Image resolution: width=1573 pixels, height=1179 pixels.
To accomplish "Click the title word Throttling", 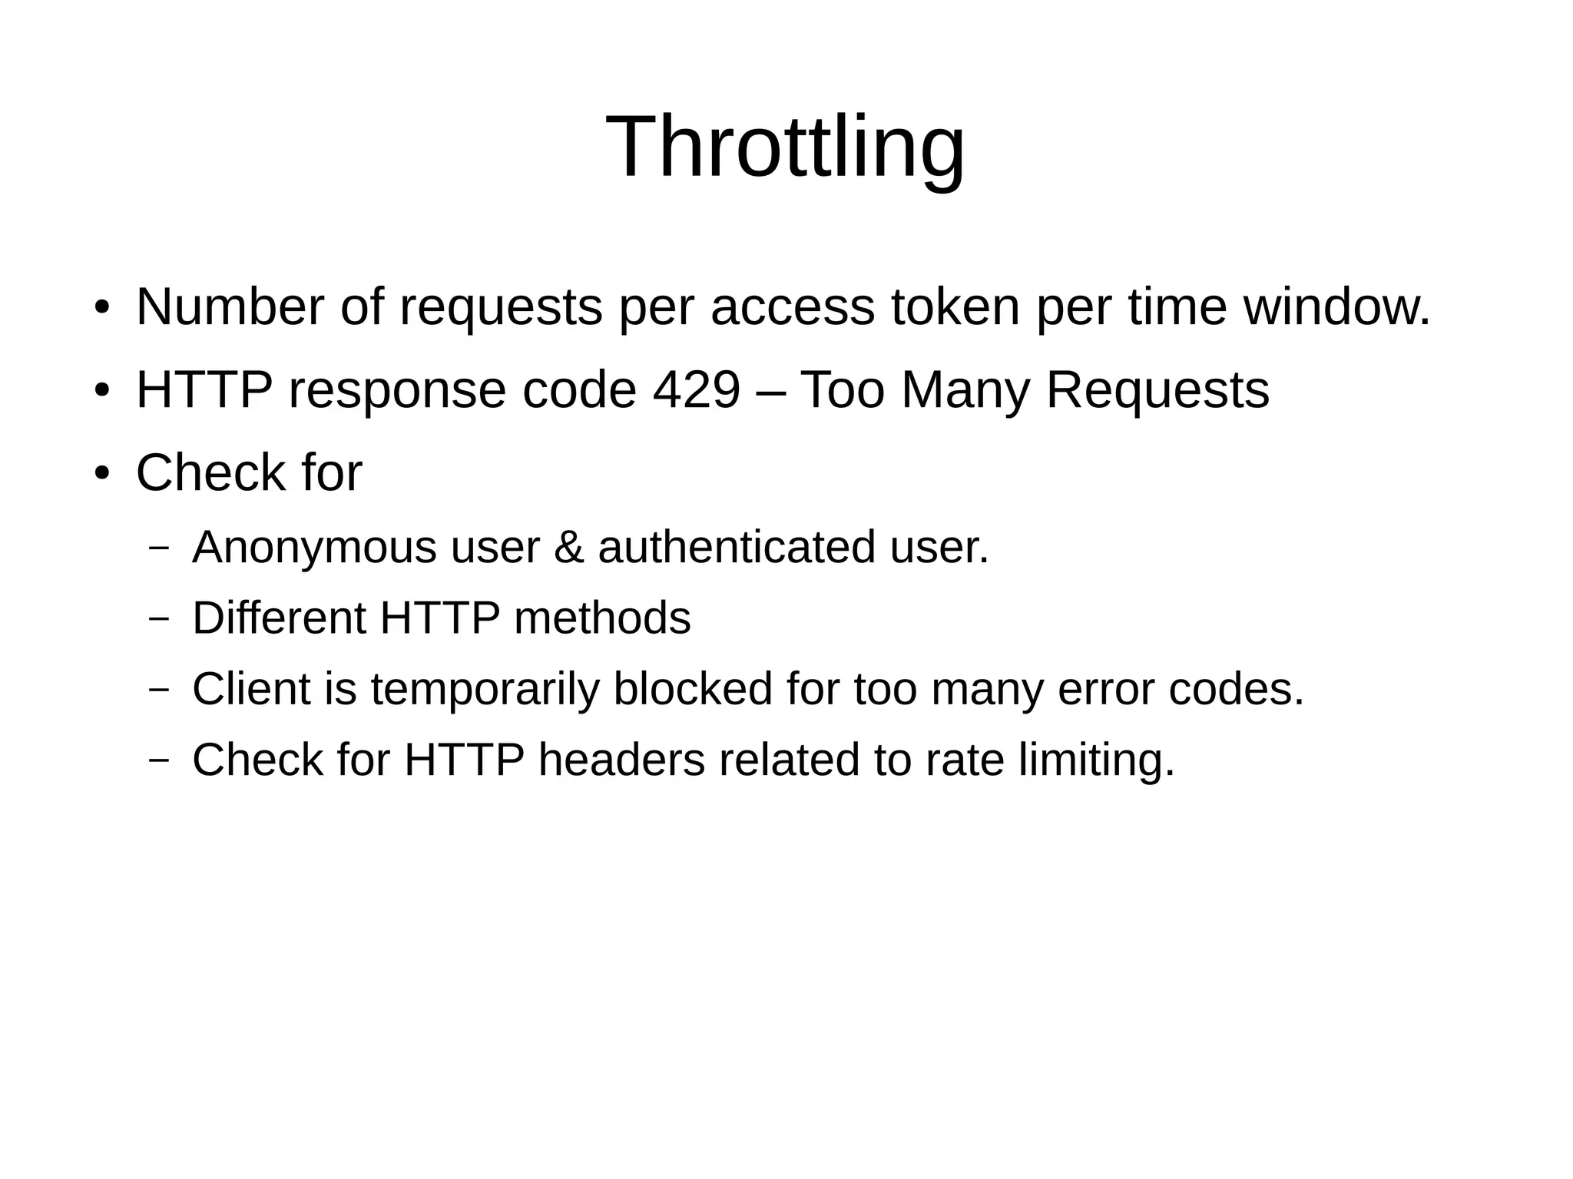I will point(785,147).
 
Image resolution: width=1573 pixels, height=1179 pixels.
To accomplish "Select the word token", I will point(955,307).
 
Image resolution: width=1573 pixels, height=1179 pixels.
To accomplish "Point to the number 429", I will point(696,390).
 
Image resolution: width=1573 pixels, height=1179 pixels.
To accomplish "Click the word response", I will point(397,390).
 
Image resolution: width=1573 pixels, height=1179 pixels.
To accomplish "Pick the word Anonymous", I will point(314,548).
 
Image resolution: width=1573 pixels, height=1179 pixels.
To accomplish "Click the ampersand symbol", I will point(568,548).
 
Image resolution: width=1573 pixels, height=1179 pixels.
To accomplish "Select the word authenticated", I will point(737,548).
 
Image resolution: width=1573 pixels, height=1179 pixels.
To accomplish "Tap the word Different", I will point(279,618).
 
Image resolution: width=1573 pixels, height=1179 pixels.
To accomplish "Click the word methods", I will point(602,618).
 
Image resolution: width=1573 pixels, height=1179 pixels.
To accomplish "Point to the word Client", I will point(251,689).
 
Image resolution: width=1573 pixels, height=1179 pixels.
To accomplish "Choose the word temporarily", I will point(485,689).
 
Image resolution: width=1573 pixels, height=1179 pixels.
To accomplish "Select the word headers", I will point(621,760).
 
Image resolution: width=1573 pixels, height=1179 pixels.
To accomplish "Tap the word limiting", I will point(1097,760).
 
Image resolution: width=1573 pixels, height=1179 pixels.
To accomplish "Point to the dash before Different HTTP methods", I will point(159,618).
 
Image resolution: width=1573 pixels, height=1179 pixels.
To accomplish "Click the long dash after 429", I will point(770,390).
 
